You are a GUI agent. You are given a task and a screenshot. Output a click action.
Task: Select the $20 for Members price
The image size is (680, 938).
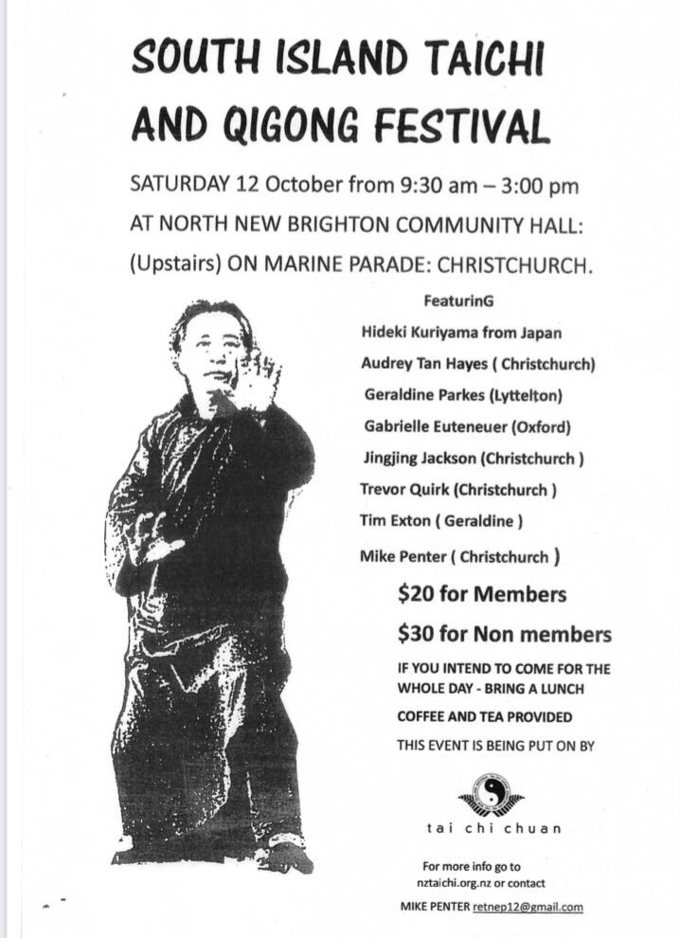(482, 595)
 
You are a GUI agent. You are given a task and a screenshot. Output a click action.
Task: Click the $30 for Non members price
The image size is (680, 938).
(504, 634)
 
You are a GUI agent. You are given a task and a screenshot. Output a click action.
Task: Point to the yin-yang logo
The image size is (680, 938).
(491, 794)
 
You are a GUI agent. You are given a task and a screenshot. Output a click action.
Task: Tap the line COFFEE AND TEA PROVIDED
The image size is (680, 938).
(484, 717)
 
